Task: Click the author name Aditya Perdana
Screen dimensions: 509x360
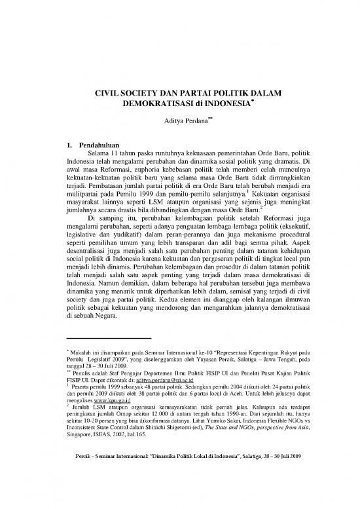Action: coord(176,121)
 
